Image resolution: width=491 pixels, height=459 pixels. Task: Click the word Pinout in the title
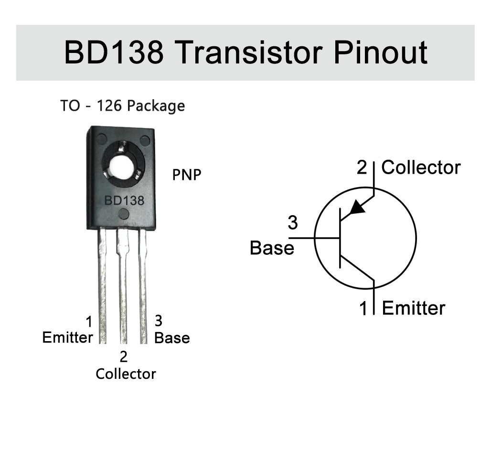point(380,52)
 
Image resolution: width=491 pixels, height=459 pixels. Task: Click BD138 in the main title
point(113,52)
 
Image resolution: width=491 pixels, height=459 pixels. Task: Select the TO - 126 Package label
point(122,105)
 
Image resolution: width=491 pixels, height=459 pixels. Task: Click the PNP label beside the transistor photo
point(186,175)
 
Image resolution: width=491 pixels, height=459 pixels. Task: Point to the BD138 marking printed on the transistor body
point(124,200)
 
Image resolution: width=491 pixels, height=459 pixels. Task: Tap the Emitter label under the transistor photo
point(67,337)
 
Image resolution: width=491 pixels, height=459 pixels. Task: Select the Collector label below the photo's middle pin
point(126,374)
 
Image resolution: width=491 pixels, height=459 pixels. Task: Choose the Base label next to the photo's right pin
point(172,338)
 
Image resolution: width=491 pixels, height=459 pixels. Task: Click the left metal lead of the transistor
point(102,286)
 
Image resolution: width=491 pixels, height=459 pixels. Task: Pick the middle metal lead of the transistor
point(123,286)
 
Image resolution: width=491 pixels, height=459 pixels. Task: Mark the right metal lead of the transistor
point(143,286)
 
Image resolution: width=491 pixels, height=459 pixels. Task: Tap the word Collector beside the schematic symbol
point(421,167)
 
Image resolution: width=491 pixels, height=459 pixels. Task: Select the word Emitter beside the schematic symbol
point(414,308)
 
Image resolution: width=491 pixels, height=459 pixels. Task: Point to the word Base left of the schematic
point(272,248)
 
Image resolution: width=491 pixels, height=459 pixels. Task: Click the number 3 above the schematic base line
point(292,223)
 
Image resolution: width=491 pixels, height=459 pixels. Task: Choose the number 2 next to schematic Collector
point(363,167)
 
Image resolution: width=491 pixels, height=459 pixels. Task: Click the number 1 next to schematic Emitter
point(364,308)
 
